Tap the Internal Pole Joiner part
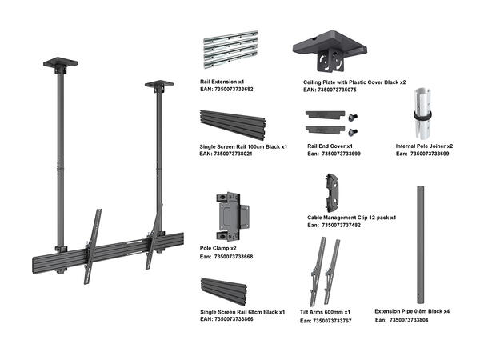click(422, 113)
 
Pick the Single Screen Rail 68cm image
click(232, 290)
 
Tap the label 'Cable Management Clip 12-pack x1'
click(352, 218)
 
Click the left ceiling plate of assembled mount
click(61, 61)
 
